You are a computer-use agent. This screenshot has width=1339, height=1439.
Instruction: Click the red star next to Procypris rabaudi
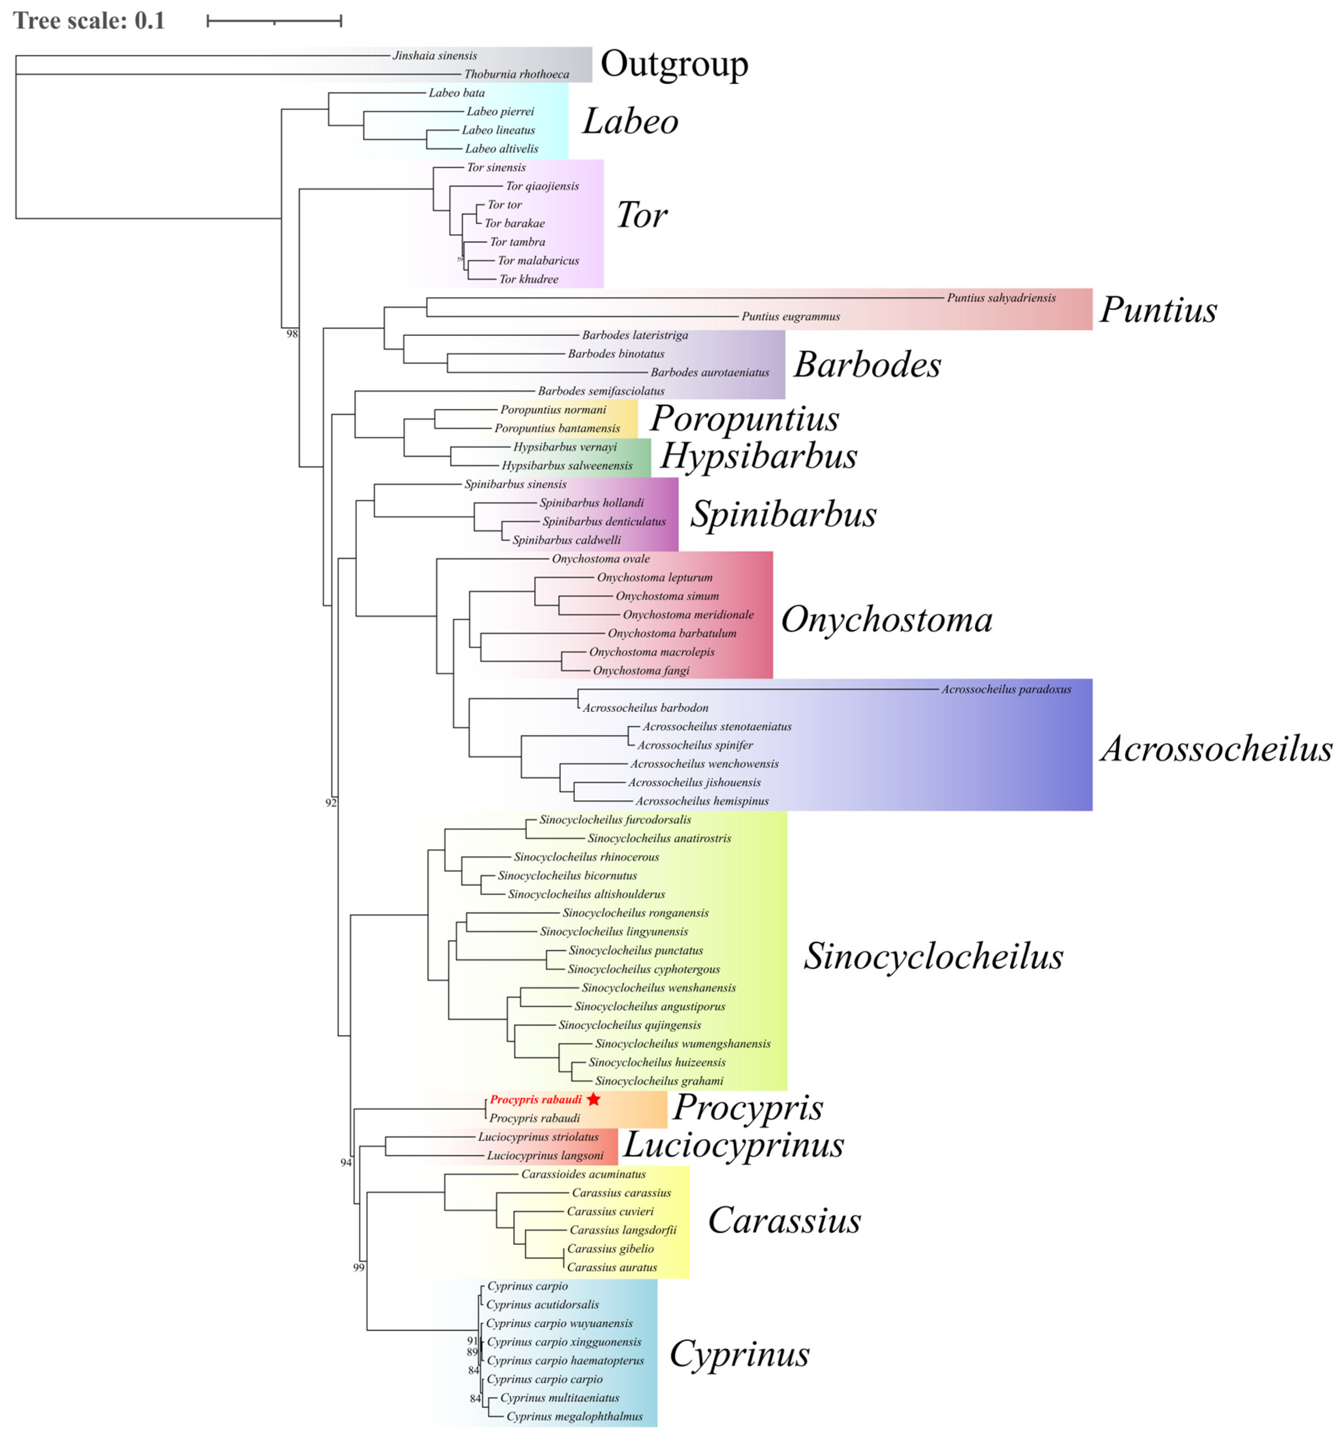pyautogui.click(x=593, y=1099)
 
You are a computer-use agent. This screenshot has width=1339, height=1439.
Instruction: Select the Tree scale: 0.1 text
pyautogui.click(x=89, y=20)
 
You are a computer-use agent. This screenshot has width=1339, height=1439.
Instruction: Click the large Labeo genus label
pyautogui.click(x=630, y=121)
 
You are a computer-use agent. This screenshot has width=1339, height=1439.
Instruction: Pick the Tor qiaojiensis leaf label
pyautogui.click(x=542, y=186)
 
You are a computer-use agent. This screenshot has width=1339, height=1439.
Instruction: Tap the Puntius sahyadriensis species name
pyautogui.click(x=1001, y=298)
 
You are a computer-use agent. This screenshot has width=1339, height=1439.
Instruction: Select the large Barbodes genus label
pyautogui.click(x=867, y=364)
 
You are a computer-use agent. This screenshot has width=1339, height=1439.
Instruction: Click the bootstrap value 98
pyautogui.click(x=292, y=334)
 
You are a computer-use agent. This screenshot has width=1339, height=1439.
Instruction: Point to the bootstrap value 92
pyautogui.click(x=331, y=803)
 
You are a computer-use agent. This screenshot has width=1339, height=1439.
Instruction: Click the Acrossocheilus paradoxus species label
pyautogui.click(x=1006, y=689)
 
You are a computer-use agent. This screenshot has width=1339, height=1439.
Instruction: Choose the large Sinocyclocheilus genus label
pyautogui.click(x=933, y=956)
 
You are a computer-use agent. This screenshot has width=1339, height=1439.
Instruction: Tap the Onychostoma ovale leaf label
pyautogui.click(x=600, y=559)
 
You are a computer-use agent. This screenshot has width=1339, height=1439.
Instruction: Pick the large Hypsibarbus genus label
pyautogui.click(x=758, y=456)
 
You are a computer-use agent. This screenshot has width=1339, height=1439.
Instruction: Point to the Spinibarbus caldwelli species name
pyautogui.click(x=566, y=540)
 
